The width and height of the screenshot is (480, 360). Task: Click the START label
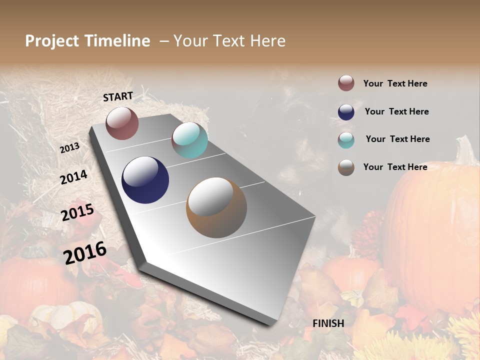[118, 96]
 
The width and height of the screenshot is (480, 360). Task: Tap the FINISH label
[328, 323]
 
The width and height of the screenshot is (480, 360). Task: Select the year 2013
[69, 148]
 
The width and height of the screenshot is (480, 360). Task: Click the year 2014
[73, 177]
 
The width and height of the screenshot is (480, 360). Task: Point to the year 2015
[77, 212]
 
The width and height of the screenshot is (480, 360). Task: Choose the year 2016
[85, 252]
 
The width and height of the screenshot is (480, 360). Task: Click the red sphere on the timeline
[122, 123]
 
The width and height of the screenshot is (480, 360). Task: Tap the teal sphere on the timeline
[189, 140]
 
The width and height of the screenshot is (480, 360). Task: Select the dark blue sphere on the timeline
[145, 180]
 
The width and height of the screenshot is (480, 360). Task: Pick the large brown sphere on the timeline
[216, 207]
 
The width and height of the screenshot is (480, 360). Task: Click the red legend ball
[346, 83]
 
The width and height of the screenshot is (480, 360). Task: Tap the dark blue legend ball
[346, 112]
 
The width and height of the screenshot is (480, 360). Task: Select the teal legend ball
[346, 140]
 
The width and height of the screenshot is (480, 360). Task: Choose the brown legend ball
[346, 167]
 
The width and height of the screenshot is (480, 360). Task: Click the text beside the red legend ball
[395, 83]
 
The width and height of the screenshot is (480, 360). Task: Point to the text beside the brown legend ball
[395, 167]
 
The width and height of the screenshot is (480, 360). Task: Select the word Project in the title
[52, 41]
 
